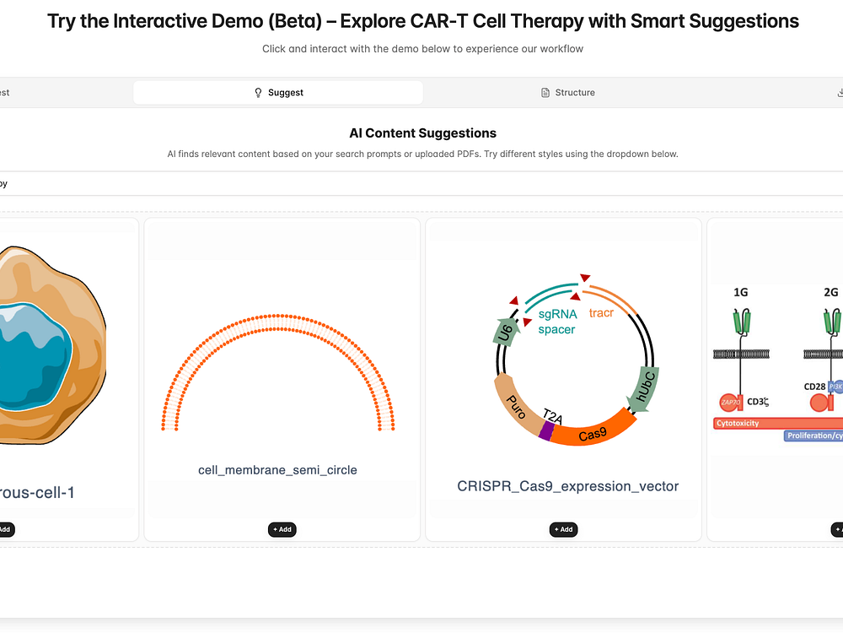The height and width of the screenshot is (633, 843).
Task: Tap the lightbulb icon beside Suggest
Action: click(258, 93)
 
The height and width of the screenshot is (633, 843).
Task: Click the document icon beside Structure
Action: click(545, 93)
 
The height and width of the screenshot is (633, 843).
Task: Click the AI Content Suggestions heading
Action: click(422, 133)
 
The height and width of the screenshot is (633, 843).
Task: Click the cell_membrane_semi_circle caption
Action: click(277, 470)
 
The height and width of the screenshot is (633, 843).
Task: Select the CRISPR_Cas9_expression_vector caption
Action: click(567, 486)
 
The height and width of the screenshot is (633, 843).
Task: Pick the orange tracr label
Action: click(601, 313)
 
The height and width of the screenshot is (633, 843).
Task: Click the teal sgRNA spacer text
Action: click(557, 322)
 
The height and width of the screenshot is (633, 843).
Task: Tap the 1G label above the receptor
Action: click(740, 292)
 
